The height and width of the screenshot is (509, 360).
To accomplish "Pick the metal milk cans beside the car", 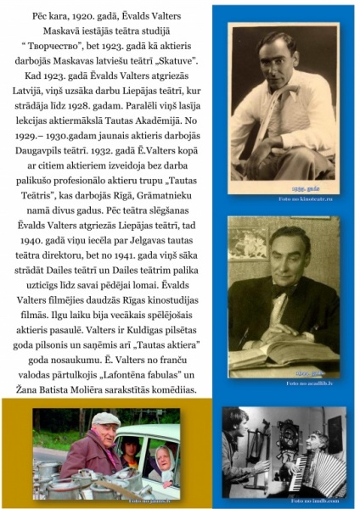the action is [x=68, y=482].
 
